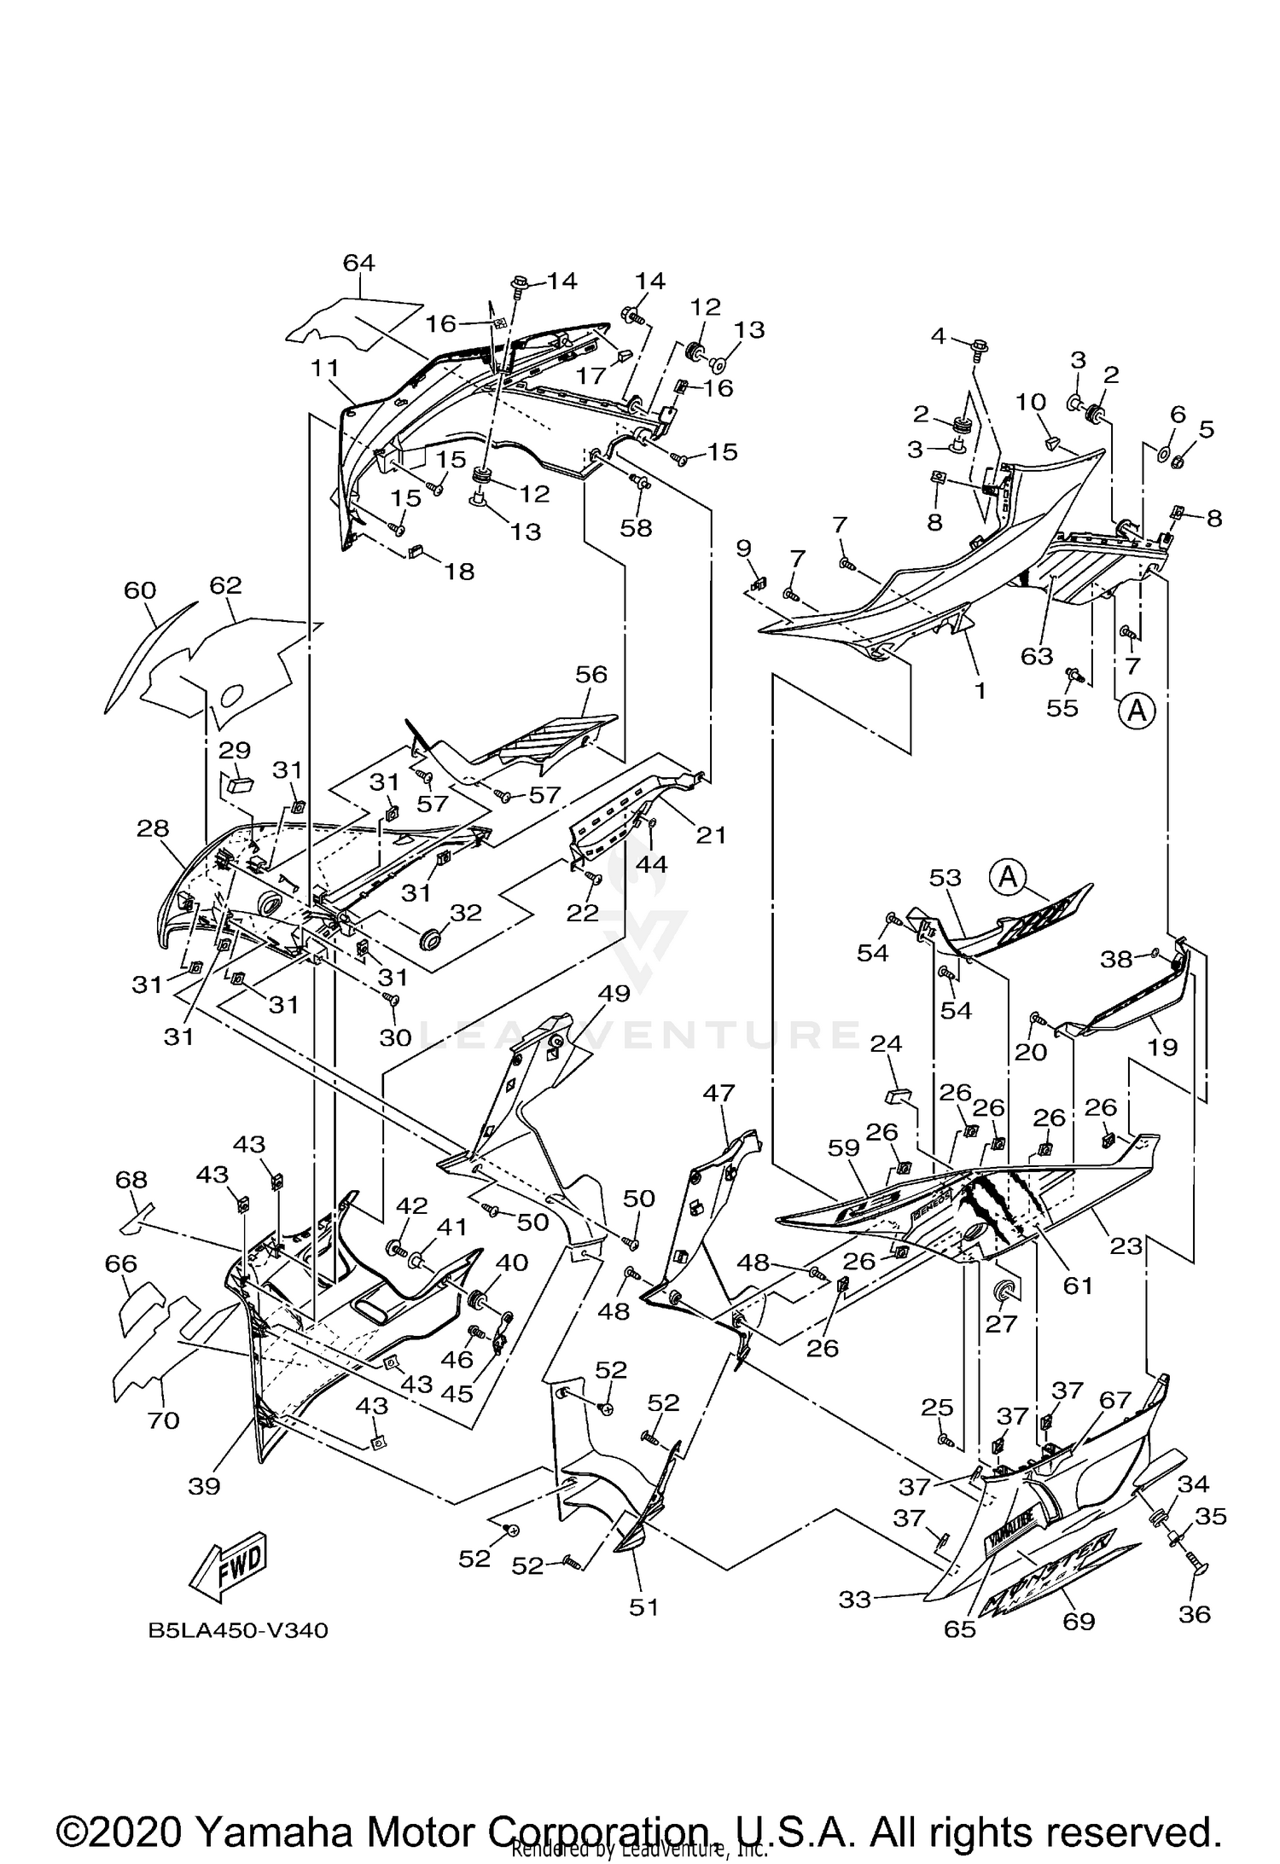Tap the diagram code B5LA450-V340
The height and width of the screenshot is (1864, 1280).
(238, 1631)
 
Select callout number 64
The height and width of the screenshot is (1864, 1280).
(359, 263)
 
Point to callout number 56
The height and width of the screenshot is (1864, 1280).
(591, 674)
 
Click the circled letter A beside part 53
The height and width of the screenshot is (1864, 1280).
(1009, 877)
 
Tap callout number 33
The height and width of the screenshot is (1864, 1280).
(855, 1600)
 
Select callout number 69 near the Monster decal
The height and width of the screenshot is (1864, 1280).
(1078, 1620)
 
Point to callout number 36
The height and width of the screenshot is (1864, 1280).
(1194, 1614)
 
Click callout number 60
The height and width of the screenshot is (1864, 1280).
(141, 589)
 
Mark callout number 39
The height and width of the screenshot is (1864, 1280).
(204, 1485)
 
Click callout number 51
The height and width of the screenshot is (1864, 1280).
(644, 1606)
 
